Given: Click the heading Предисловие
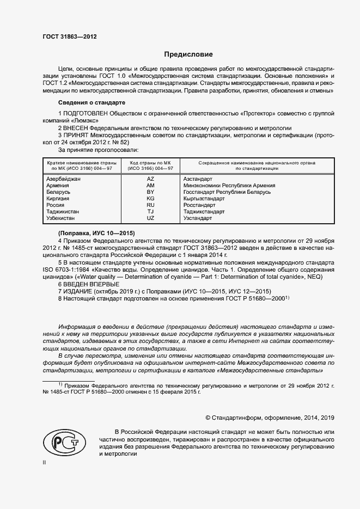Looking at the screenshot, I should [x=189, y=54].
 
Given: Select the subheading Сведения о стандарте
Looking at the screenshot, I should [x=91, y=102].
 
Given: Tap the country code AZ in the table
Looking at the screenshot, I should [x=151, y=179].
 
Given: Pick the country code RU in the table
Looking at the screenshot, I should [x=151, y=205].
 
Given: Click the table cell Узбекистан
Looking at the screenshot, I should [x=63, y=218].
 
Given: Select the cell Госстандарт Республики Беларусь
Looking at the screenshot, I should [x=227, y=192].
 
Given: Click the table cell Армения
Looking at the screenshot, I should [x=58, y=186].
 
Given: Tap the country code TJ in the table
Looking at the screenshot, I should [x=151, y=212].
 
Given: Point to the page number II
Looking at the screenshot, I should [x=45, y=462].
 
